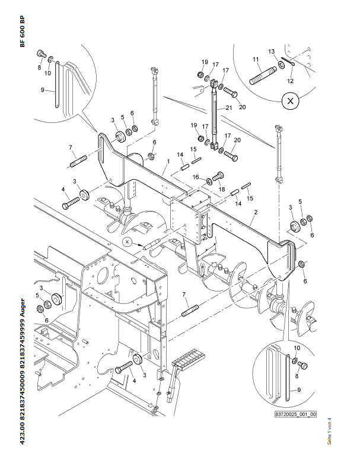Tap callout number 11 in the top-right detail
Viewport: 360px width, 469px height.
[256, 59]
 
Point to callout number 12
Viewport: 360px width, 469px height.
[291, 81]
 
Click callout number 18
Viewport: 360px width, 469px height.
[222, 189]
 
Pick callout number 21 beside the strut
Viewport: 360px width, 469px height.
[227, 108]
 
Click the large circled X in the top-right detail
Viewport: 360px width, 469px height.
[290, 102]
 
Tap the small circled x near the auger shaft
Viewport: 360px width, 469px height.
[127, 242]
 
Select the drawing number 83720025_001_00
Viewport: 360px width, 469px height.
[295, 414]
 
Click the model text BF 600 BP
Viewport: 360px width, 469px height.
[23, 31]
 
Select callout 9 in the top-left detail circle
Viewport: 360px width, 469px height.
[43, 90]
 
